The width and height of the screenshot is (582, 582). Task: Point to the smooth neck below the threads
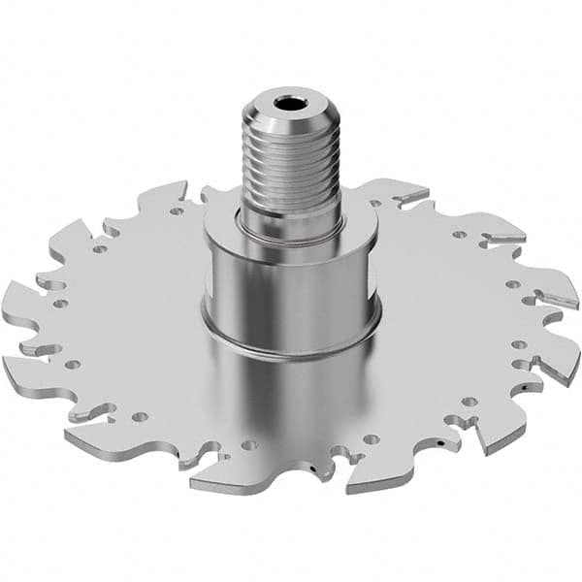tap(288, 218)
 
